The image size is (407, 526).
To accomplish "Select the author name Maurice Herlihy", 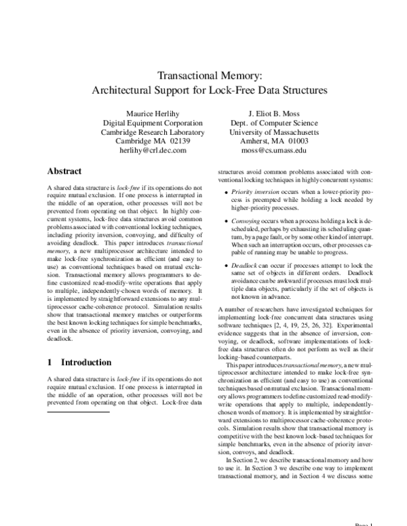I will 153,113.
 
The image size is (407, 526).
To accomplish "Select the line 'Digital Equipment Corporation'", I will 153,123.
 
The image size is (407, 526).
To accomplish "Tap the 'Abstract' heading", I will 64,171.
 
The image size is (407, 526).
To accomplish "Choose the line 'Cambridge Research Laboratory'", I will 153,132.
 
